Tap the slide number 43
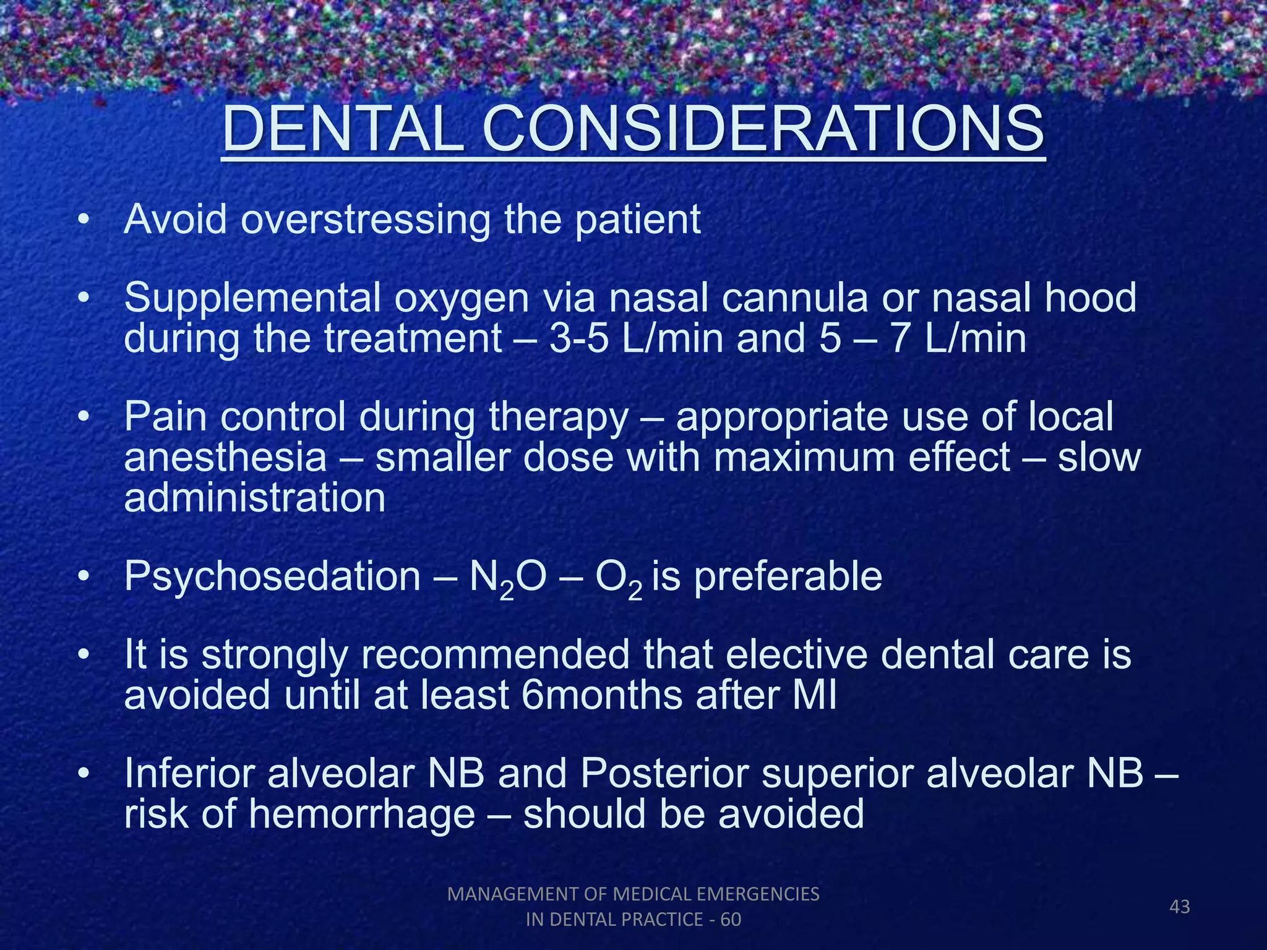[x=1180, y=907]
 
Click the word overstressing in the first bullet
[x=366, y=220]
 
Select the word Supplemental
[x=252, y=299]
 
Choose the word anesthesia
[x=225, y=458]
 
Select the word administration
[x=254, y=498]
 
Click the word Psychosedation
[x=272, y=578]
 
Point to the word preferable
[x=788, y=578]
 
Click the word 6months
[x=602, y=696]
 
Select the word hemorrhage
[x=361, y=815]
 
